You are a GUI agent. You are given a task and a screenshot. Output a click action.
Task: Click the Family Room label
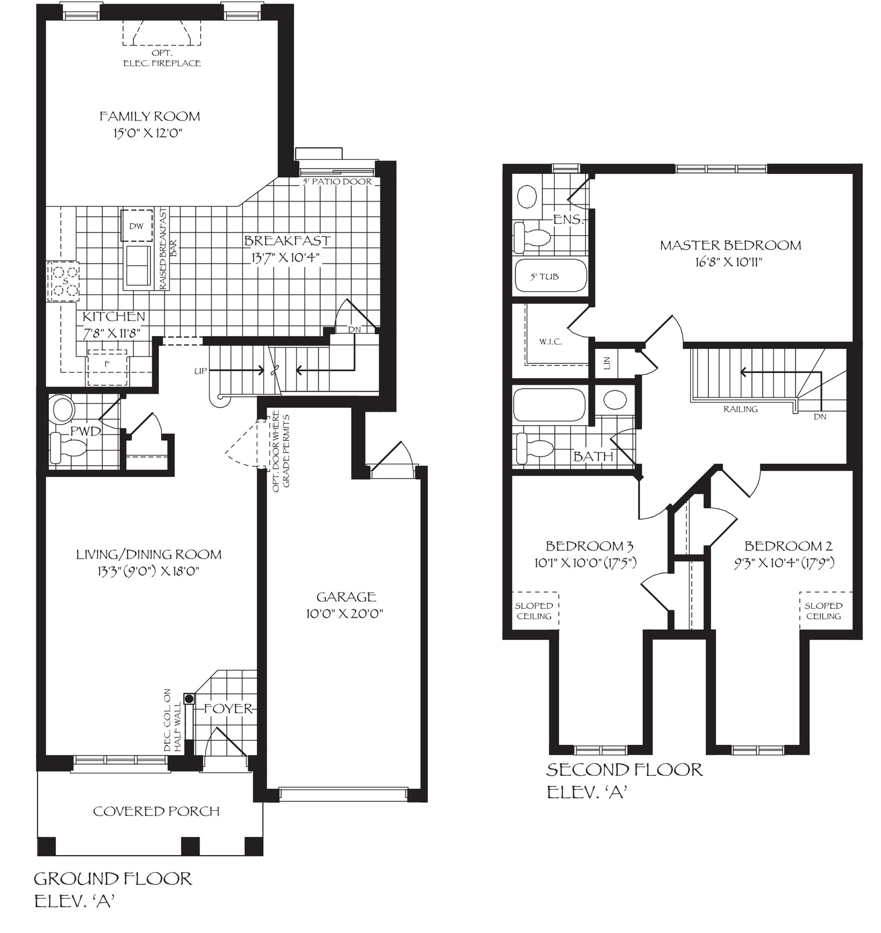(149, 117)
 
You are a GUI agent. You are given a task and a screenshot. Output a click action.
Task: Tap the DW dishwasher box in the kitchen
(136, 226)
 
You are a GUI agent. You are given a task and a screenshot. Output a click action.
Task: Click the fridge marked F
(107, 364)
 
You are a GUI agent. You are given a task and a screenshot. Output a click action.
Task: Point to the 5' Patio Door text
(337, 182)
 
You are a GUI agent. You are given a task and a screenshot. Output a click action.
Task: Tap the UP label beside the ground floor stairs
(201, 371)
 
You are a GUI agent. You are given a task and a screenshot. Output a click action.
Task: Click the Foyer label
(229, 709)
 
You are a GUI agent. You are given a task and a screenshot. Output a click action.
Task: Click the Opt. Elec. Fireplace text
(162, 59)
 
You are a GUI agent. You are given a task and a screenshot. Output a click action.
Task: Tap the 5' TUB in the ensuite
(545, 277)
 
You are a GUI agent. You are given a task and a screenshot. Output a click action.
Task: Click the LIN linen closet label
(607, 362)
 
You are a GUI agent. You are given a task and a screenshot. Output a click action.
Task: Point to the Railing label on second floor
(741, 409)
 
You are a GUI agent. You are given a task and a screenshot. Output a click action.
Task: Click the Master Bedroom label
(730, 245)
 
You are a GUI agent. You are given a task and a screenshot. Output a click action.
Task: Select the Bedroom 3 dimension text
(585, 563)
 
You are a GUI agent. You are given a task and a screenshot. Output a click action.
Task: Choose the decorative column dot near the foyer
(189, 699)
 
